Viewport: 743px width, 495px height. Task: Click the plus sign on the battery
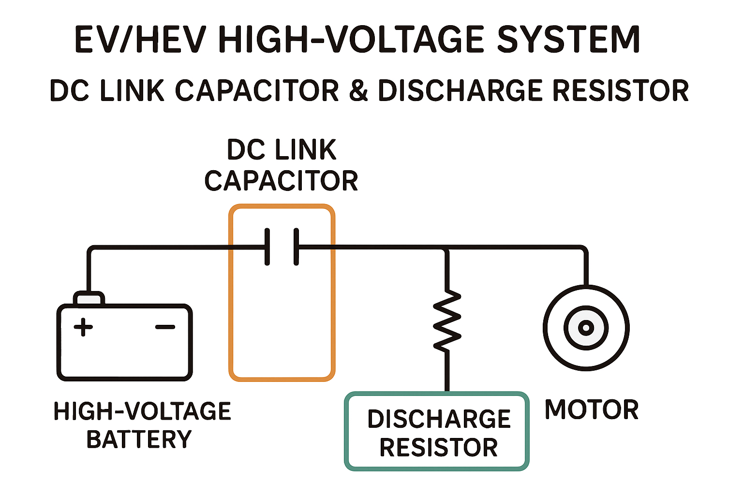pos(83,327)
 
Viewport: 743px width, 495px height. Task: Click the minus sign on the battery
pos(165,327)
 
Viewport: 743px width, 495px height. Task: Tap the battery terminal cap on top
pos(89,298)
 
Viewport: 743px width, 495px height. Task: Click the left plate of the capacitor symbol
pos(267,247)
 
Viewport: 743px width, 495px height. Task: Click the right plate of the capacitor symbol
pos(297,247)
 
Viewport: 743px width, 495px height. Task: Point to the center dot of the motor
pos(586,328)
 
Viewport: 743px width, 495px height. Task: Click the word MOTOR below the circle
pos(591,410)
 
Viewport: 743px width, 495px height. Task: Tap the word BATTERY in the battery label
pos(139,439)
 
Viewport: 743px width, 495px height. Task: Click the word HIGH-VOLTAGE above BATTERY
pos(142,411)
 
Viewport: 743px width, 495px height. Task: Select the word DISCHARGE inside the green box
pos(439,419)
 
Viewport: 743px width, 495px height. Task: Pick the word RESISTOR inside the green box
pos(438,448)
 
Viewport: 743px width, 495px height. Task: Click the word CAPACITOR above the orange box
pos(281,181)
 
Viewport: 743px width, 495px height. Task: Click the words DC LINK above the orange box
pos(282,150)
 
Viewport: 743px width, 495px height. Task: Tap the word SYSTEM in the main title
pos(569,40)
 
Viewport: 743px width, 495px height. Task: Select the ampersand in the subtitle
pos(358,91)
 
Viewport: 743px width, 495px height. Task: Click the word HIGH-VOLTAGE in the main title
pos(352,40)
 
